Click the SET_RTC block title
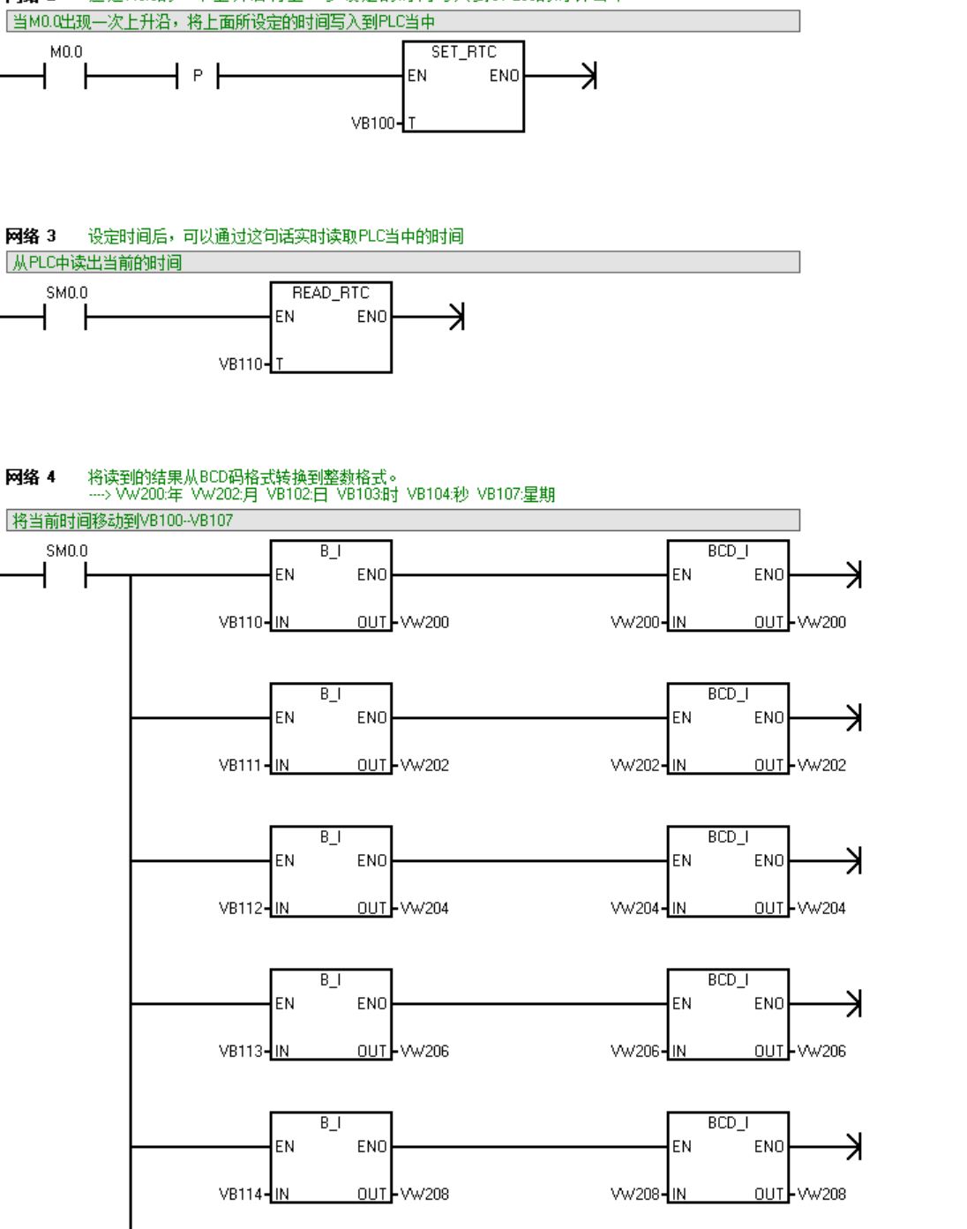(x=463, y=52)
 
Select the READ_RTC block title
(x=330, y=293)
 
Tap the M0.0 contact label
(x=65, y=52)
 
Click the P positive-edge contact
(x=198, y=77)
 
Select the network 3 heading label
(x=31, y=236)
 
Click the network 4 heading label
(x=31, y=477)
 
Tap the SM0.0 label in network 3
(x=66, y=293)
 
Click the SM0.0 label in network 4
(x=66, y=551)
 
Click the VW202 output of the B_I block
(x=425, y=765)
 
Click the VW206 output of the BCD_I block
(x=822, y=1051)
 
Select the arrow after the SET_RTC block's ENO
(x=588, y=77)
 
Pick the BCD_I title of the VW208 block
(x=728, y=1122)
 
